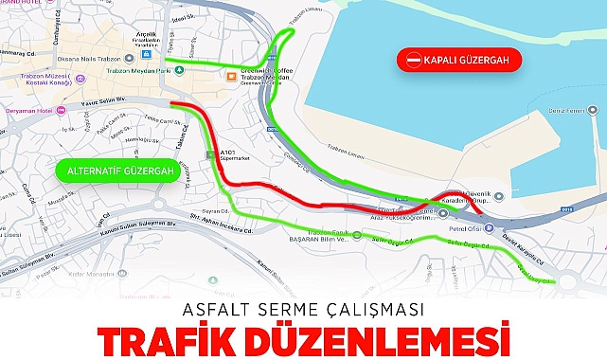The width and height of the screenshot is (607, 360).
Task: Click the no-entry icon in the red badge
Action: click(414, 61)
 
